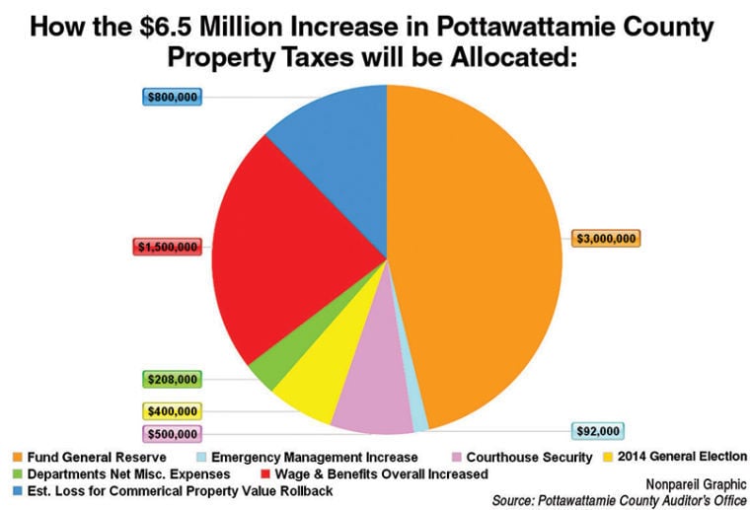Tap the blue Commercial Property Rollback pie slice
(x=331, y=133)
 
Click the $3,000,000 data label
(x=606, y=238)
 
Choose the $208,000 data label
(x=172, y=379)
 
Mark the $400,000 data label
(x=172, y=411)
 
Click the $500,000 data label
(x=172, y=434)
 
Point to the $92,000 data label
(x=599, y=431)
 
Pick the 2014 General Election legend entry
(x=671, y=458)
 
